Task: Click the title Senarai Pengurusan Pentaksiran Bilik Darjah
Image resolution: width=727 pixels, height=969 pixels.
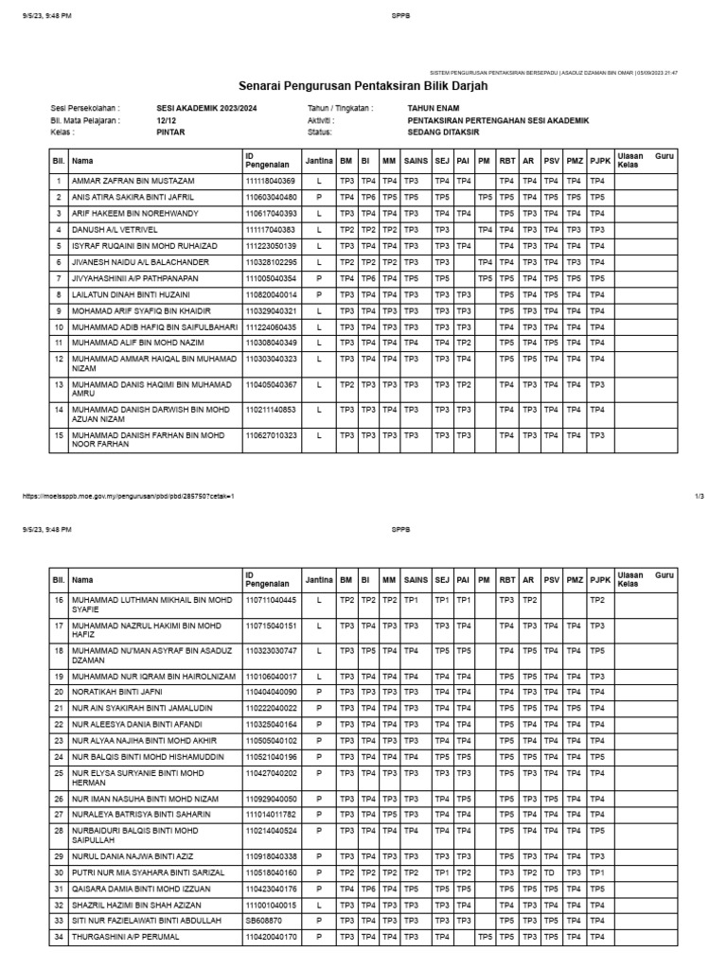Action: tap(363, 85)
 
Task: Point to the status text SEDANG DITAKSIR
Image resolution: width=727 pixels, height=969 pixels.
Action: tap(443, 132)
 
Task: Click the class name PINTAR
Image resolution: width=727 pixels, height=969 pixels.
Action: tap(170, 132)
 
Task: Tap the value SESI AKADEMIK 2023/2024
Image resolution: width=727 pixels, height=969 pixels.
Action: tap(205, 109)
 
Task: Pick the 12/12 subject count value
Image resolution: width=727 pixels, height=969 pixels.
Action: tap(166, 121)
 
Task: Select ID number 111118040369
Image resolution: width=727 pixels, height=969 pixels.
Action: tap(271, 181)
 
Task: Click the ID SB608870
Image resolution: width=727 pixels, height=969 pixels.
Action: tap(263, 921)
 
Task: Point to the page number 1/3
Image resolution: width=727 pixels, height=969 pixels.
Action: tap(700, 496)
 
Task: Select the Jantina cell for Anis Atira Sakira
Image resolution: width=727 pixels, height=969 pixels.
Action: tap(319, 197)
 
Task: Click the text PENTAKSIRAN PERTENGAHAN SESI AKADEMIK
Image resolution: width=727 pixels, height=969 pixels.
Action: tap(498, 121)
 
